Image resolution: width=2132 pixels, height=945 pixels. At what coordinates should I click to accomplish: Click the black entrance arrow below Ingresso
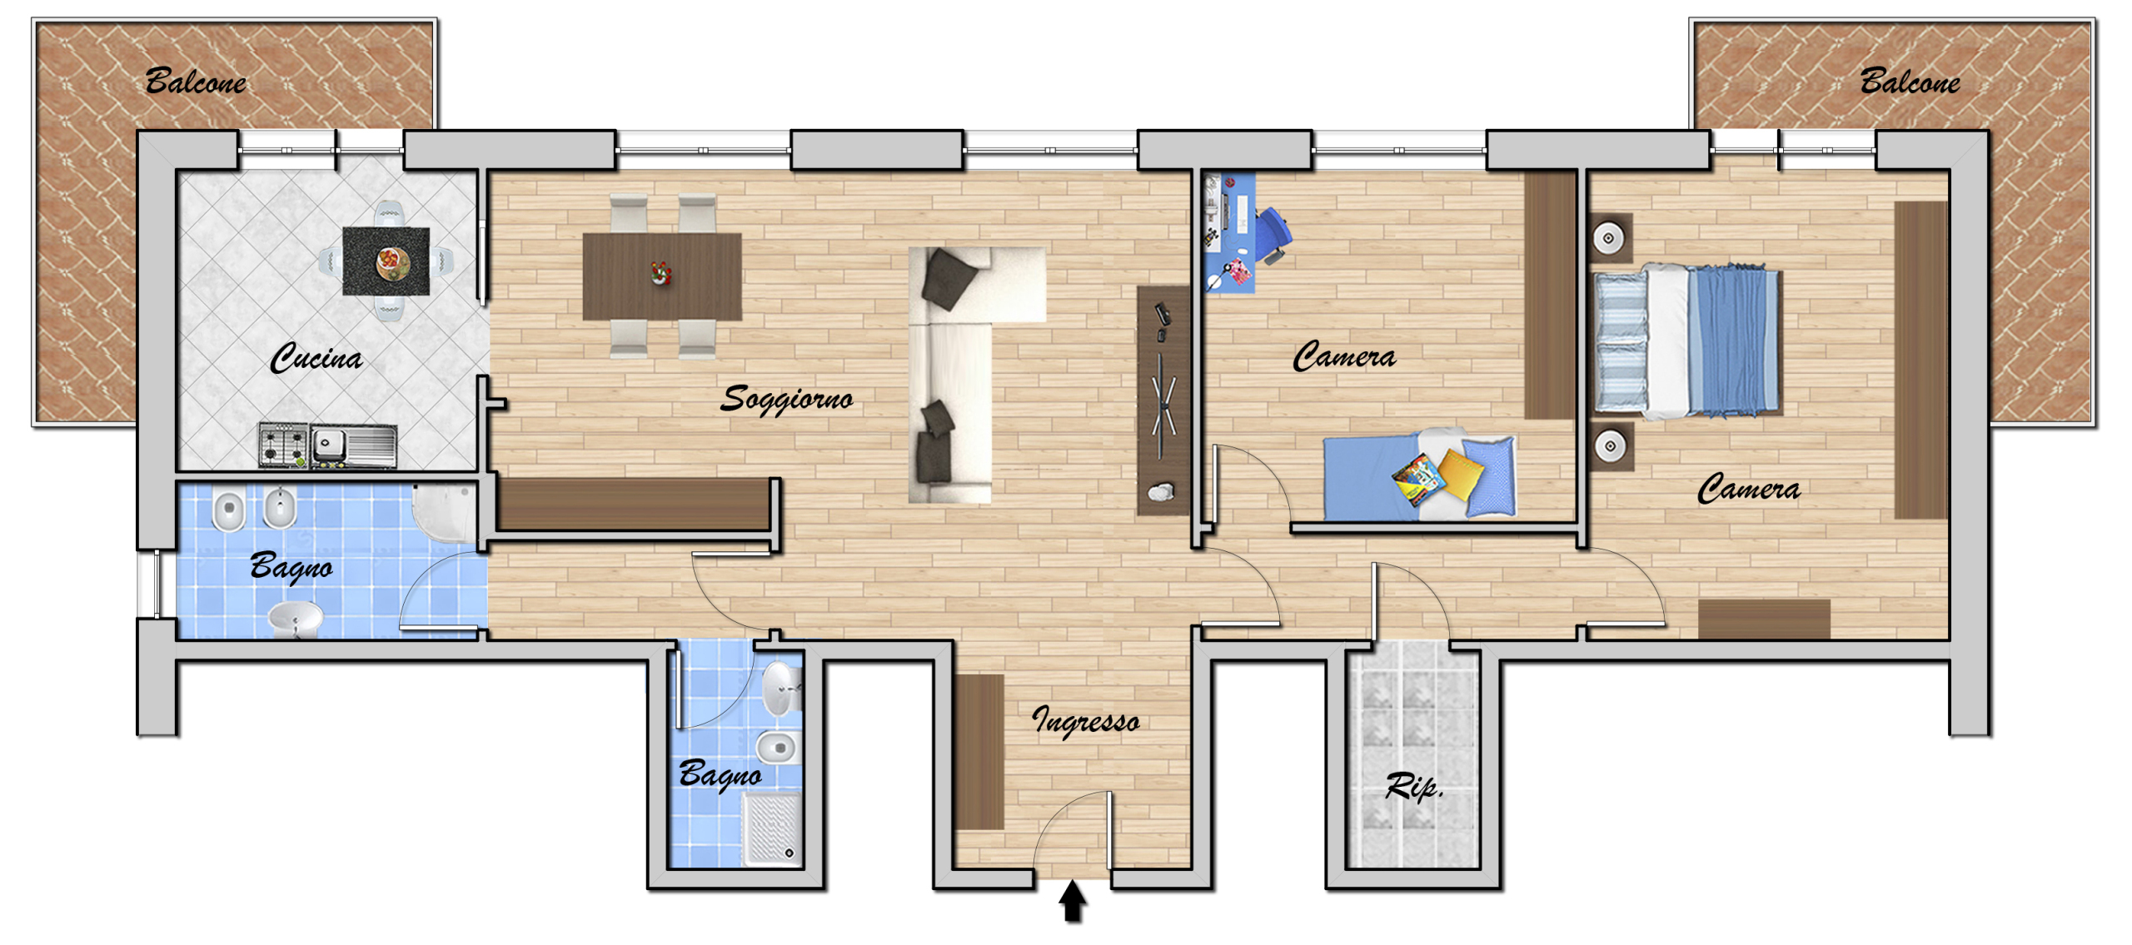point(1072,902)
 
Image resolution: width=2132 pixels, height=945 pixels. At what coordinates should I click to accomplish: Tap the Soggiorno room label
point(787,398)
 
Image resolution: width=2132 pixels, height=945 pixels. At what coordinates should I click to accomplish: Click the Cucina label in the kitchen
point(316,357)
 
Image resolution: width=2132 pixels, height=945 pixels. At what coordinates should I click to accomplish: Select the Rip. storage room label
point(1413,785)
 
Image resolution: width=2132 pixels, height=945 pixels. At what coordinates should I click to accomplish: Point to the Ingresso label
point(1086,719)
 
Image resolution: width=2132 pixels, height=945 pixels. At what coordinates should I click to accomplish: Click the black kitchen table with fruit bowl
point(386,261)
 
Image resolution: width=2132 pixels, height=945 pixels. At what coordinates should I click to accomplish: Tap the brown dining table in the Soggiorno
point(662,276)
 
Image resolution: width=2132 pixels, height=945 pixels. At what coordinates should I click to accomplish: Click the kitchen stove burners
point(283,445)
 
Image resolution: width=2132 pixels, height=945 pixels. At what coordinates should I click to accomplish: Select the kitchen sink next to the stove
point(354,445)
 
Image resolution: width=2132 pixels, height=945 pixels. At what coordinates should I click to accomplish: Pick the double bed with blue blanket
point(1688,340)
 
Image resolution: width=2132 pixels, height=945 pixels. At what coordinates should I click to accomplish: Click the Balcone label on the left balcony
point(196,81)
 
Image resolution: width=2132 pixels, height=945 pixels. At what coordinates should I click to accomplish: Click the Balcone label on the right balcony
point(1910,81)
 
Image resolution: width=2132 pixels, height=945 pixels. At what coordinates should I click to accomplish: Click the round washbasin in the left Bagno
point(296,619)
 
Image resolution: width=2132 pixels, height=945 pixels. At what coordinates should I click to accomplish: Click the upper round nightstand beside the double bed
point(1610,238)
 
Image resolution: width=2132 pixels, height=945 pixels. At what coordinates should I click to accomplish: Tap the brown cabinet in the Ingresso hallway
point(979,752)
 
